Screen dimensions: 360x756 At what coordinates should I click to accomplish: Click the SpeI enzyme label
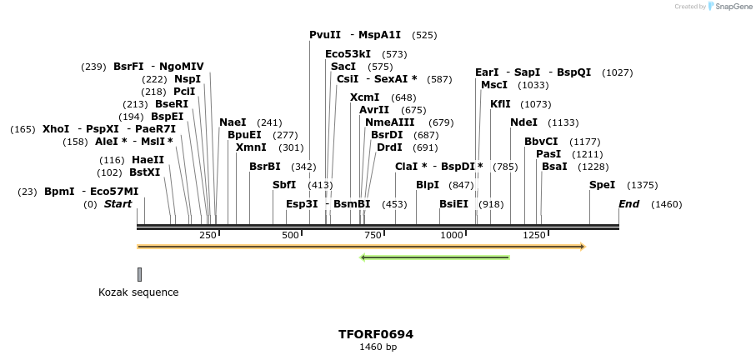[602, 185]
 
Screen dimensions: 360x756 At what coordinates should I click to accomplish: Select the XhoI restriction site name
[56, 129]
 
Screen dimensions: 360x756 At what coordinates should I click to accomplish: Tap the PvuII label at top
[325, 35]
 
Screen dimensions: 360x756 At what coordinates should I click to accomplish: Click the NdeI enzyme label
[523, 122]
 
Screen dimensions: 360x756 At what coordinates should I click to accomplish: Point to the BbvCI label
[541, 142]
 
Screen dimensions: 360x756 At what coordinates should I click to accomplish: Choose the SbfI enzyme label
[284, 185]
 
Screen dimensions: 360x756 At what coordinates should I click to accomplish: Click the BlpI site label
[427, 185]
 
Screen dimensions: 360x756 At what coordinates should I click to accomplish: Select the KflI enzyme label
[500, 104]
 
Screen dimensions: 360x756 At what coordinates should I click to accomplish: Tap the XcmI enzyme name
[364, 97]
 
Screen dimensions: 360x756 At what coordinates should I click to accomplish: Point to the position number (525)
[424, 35]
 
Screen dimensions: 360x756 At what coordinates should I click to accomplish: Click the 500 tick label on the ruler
[290, 236]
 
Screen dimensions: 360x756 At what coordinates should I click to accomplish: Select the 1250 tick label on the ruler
[533, 236]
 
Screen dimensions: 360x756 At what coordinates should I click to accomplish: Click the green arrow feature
[434, 257]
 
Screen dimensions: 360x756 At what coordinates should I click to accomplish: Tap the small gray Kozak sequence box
[139, 274]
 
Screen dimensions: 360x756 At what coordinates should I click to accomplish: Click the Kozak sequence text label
[138, 292]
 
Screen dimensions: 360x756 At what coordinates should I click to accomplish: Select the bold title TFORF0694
[375, 334]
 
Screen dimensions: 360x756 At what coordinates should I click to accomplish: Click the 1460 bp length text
[377, 347]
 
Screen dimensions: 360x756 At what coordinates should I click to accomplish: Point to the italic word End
[628, 204]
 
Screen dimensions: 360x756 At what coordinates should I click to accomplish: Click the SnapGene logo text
[731, 7]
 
